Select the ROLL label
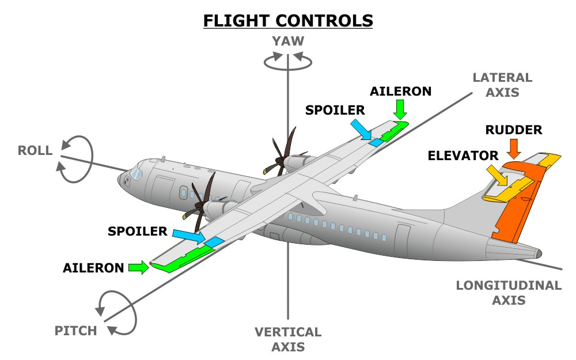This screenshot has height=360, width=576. coord(35,151)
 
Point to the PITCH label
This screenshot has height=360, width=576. coord(75,331)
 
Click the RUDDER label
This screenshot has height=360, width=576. coord(514,130)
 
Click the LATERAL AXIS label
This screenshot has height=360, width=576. coord(502,85)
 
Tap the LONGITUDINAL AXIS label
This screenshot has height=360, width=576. coord(509,293)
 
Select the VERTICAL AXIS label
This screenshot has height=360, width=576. coord(288,339)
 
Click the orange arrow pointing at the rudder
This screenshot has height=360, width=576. coord(514,149)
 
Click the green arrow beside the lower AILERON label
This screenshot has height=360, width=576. coord(138,267)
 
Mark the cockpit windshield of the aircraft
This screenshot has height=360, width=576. coord(136,172)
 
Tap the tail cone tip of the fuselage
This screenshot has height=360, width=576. coord(538,253)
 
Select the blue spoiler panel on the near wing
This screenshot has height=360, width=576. coord(214,241)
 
